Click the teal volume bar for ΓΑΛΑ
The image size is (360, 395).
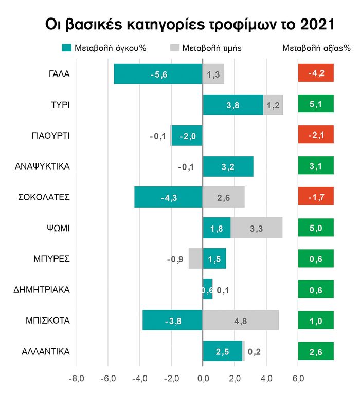[158, 74]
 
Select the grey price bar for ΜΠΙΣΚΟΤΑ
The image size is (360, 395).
[241, 321]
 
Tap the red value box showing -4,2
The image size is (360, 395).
[316, 74]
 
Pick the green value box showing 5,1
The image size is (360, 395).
[316, 105]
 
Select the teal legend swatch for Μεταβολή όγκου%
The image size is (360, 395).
[65, 48]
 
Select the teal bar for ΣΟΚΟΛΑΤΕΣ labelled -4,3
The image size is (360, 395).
[169, 197]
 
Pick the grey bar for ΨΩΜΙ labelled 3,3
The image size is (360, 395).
[256, 228]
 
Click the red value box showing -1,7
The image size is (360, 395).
[316, 197]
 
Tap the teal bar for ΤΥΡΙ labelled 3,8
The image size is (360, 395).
[233, 105]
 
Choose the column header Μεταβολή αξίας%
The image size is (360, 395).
[316, 48]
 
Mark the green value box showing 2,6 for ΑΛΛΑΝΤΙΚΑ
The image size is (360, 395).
[316, 351]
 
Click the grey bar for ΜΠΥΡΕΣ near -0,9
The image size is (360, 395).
[195, 259]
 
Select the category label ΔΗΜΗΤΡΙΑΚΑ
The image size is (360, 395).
[42, 290]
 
